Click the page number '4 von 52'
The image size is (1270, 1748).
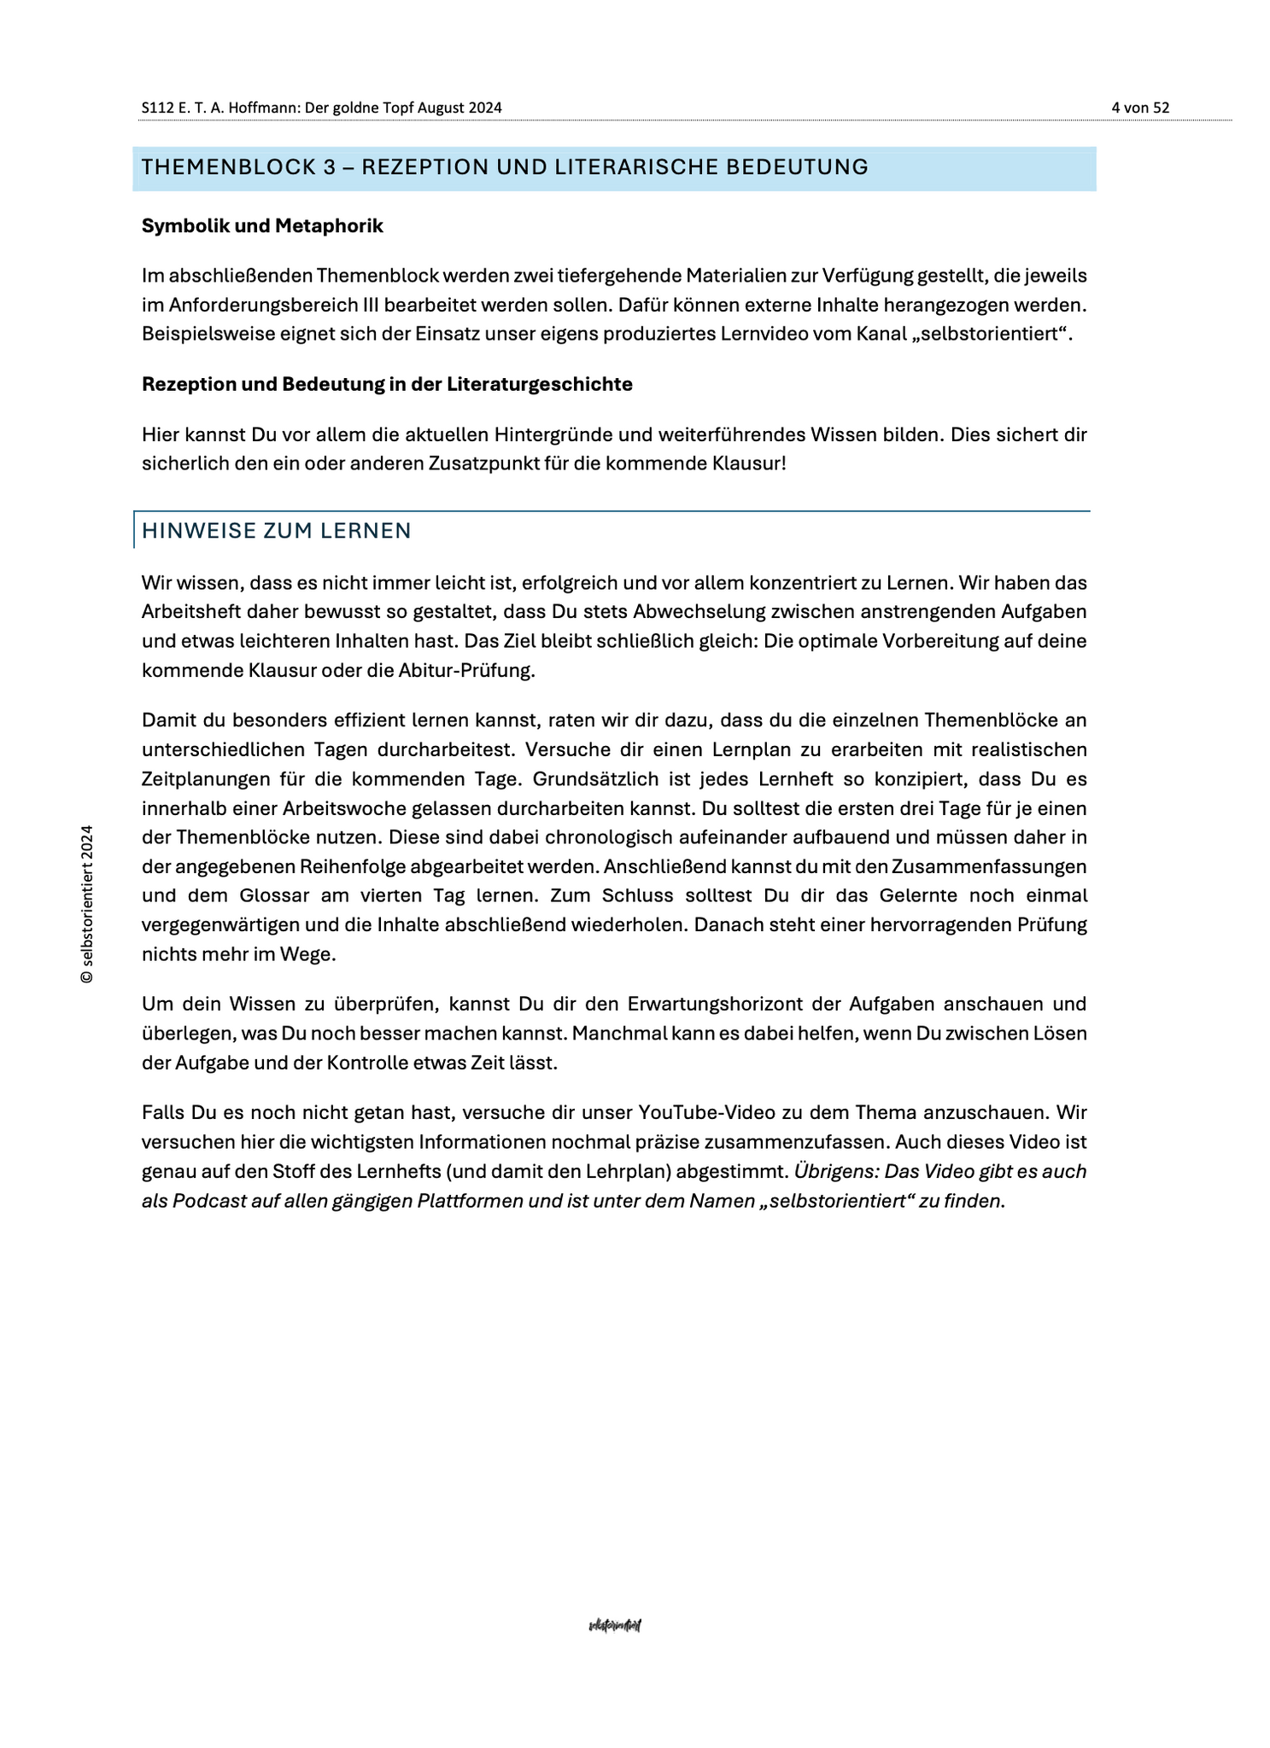tap(1139, 108)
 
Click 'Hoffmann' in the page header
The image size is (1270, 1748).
tap(263, 108)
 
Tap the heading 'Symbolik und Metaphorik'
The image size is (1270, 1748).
tap(262, 226)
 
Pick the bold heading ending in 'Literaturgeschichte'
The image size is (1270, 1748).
tap(387, 384)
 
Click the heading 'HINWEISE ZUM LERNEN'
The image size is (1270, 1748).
tap(277, 531)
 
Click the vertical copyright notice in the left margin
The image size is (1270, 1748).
tap(86, 904)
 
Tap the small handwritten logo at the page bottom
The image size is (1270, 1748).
tap(615, 1625)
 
